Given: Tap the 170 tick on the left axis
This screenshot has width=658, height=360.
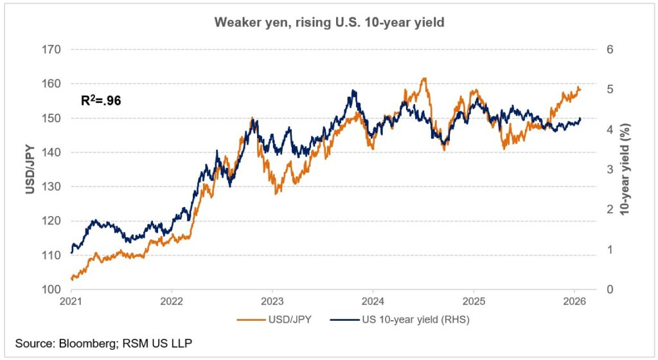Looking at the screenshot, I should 51,50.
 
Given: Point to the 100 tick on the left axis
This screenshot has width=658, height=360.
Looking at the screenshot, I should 51,289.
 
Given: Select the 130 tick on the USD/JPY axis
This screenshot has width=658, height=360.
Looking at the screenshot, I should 51,186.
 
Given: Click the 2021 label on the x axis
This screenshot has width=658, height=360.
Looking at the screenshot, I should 71,301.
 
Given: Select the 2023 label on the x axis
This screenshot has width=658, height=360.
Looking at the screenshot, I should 272,301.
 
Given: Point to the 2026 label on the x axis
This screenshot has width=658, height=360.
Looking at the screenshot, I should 574,301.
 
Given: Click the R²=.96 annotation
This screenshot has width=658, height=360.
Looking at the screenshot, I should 100,100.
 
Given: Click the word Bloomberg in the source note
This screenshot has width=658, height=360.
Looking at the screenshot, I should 83,345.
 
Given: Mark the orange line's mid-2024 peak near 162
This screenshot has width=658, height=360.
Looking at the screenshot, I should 423,78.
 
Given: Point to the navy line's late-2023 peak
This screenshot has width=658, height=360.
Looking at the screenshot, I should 353,91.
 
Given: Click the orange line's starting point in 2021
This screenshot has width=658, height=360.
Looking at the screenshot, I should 71,279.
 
